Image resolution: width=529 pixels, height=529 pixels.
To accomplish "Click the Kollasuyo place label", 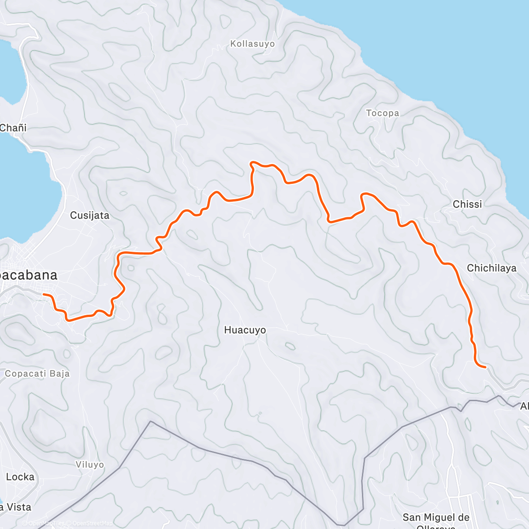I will pyautogui.click(x=253, y=44).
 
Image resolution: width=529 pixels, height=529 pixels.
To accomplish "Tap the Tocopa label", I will pyautogui.click(x=383, y=113).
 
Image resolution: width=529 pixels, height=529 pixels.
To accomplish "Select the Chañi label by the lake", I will pyautogui.click(x=13, y=128).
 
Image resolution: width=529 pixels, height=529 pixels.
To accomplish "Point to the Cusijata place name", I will pyautogui.click(x=89, y=215).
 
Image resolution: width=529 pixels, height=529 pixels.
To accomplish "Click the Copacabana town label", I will pyautogui.click(x=29, y=275).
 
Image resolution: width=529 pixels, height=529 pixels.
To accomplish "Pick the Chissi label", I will pyautogui.click(x=467, y=204).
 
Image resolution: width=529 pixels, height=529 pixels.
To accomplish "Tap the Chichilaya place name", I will pyautogui.click(x=492, y=268).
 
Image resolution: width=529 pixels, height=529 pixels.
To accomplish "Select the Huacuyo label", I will pyautogui.click(x=245, y=330).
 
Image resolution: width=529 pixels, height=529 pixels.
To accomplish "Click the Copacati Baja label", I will pyautogui.click(x=37, y=373).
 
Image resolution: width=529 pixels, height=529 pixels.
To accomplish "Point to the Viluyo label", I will pyautogui.click(x=89, y=465).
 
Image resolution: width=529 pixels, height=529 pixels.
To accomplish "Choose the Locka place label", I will pyautogui.click(x=20, y=477).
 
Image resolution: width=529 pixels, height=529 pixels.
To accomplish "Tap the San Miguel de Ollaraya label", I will pyautogui.click(x=436, y=520).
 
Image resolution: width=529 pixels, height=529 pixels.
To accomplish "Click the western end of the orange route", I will pyautogui.click(x=43, y=294).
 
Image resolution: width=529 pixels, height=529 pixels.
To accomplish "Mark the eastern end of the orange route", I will pyautogui.click(x=485, y=367).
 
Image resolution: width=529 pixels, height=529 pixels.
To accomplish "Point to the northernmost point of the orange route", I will pyautogui.click(x=252, y=163).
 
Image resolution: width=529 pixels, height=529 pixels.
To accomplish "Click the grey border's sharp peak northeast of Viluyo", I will pyautogui.click(x=151, y=421).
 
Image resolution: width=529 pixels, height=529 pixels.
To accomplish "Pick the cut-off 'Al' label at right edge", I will pyautogui.click(x=524, y=406).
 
